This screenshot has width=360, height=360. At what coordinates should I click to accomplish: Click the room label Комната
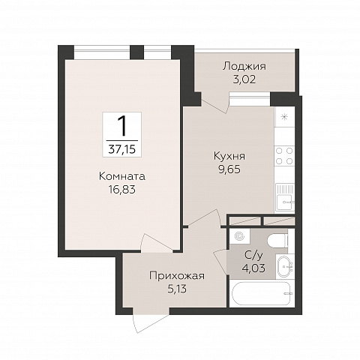click(x=122, y=176)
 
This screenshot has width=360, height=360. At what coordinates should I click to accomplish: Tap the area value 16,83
click(x=122, y=190)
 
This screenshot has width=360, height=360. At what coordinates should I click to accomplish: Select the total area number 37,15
click(x=122, y=149)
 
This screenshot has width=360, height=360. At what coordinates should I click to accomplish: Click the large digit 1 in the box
click(x=122, y=126)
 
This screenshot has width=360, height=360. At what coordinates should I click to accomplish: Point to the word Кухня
click(x=229, y=156)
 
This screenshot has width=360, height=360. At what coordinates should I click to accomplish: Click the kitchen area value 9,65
click(x=229, y=169)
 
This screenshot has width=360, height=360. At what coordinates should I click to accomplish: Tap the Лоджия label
click(x=244, y=67)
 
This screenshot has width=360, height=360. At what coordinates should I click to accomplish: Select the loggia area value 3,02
click(x=244, y=79)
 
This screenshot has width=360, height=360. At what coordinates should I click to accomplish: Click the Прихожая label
click(x=177, y=276)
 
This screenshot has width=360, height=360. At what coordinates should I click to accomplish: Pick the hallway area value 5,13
click(x=177, y=289)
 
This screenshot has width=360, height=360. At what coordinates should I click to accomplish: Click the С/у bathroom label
click(x=253, y=255)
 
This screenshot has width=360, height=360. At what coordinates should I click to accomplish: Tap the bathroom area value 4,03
click(x=253, y=268)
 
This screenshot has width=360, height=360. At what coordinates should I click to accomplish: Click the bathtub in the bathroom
click(x=262, y=293)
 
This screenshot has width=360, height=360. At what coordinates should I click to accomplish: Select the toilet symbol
click(x=277, y=241)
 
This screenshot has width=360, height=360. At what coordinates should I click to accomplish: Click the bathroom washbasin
click(x=285, y=266)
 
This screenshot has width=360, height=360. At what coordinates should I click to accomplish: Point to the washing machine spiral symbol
click(x=239, y=236)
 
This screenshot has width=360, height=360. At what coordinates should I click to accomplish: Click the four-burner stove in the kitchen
click(x=284, y=156)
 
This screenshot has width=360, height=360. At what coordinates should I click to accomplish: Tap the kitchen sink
click(x=285, y=196)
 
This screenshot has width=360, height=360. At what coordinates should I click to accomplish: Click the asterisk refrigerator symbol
click(x=284, y=117)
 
